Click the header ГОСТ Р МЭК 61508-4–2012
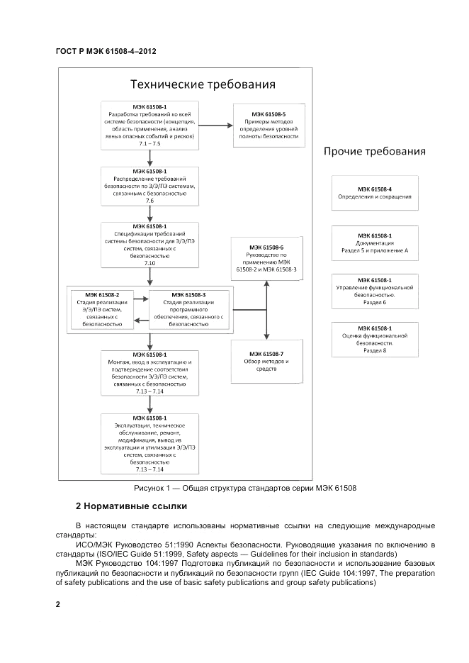tap(105, 52)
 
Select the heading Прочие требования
tap(374, 151)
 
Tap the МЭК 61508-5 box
tap(269, 125)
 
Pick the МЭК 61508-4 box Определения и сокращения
tap(374, 193)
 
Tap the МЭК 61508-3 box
tap(189, 308)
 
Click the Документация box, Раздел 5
tap(374, 243)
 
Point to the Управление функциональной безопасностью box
tap(374, 291)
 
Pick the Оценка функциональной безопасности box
tap(374, 339)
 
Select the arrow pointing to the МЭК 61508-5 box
tap(215, 126)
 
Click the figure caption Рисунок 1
tap(244, 488)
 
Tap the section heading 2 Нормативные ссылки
tap(131, 506)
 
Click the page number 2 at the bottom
tap(57, 604)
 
